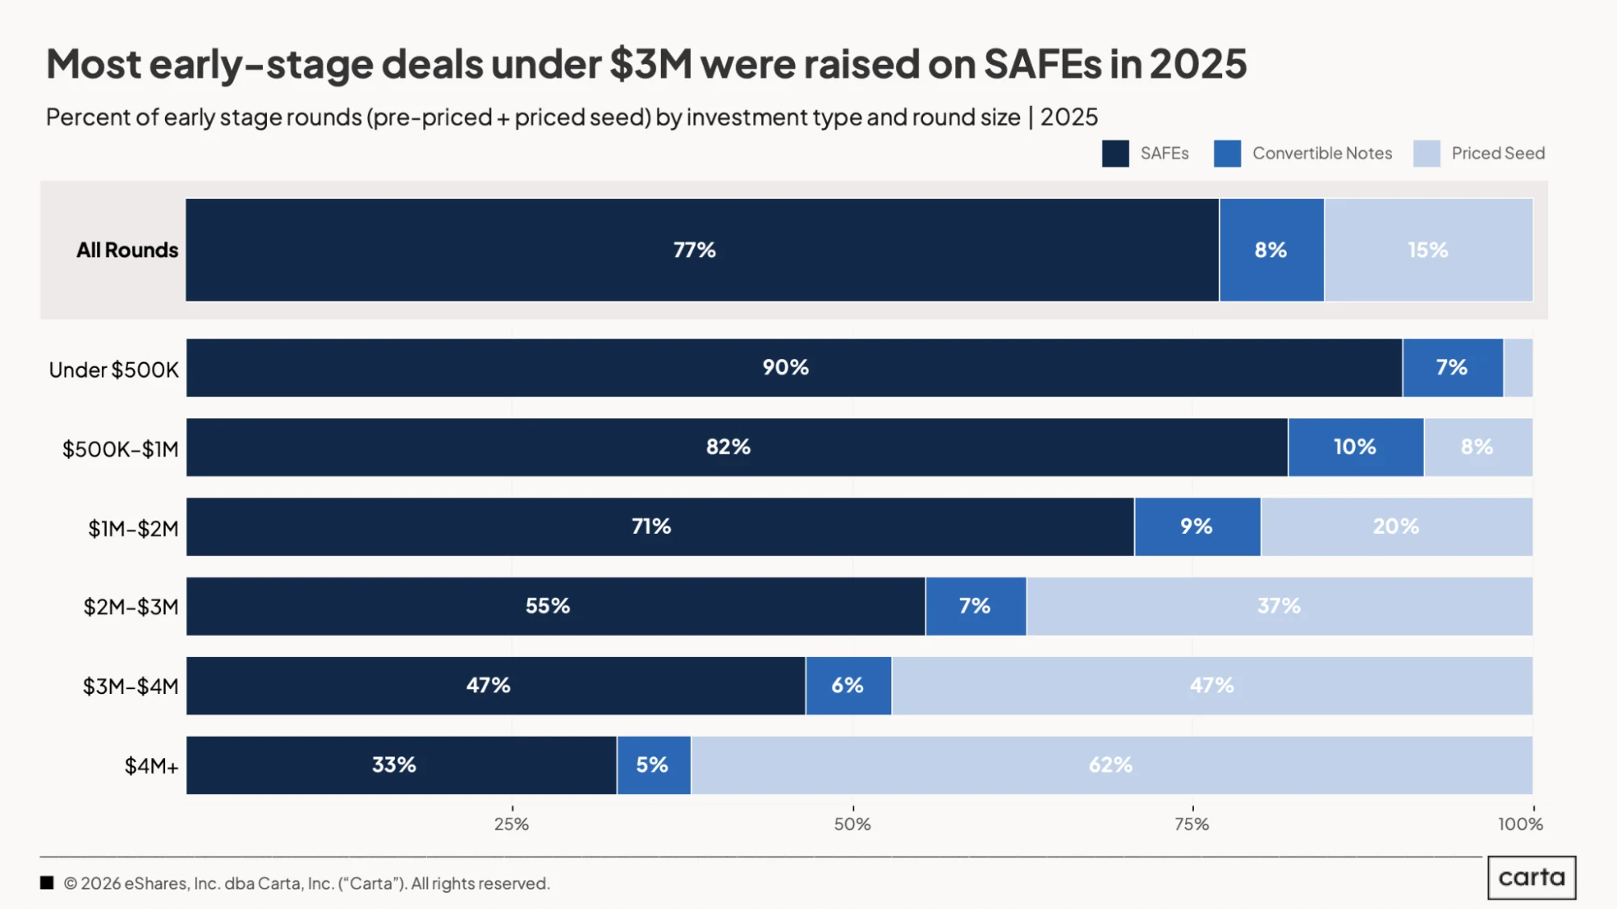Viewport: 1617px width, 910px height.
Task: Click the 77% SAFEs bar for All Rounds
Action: [x=702, y=250]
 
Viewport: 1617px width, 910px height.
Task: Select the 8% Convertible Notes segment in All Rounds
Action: [x=1272, y=250]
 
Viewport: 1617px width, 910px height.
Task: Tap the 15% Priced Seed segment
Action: [x=1429, y=250]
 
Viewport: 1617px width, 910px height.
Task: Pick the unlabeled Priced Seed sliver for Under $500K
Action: [x=1518, y=368]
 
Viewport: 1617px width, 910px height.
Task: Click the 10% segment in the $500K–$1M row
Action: [x=1356, y=447]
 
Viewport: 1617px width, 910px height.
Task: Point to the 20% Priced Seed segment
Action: [x=1397, y=527]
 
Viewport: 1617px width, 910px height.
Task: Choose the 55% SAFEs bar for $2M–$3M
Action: [x=556, y=606]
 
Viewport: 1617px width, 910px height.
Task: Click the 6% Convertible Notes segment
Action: [x=849, y=685]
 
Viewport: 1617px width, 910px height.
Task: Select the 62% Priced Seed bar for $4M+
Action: [x=1112, y=765]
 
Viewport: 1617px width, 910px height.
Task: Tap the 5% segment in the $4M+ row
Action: [x=654, y=765]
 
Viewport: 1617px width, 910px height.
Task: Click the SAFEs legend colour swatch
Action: [x=1115, y=154]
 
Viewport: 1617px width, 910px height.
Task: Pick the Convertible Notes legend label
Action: [x=1323, y=153]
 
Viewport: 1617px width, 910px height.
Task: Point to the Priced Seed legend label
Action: [x=1498, y=153]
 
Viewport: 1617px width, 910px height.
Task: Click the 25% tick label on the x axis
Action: [x=511, y=824]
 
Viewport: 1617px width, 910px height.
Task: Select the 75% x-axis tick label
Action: [x=1192, y=824]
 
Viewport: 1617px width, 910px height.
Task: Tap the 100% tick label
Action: [x=1520, y=824]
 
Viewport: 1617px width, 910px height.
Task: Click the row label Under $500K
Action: [x=113, y=370]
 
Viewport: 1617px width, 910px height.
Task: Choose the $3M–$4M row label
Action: [x=130, y=686]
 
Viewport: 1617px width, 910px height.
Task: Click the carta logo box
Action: [x=1532, y=878]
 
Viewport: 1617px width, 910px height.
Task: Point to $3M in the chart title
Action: [x=650, y=64]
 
